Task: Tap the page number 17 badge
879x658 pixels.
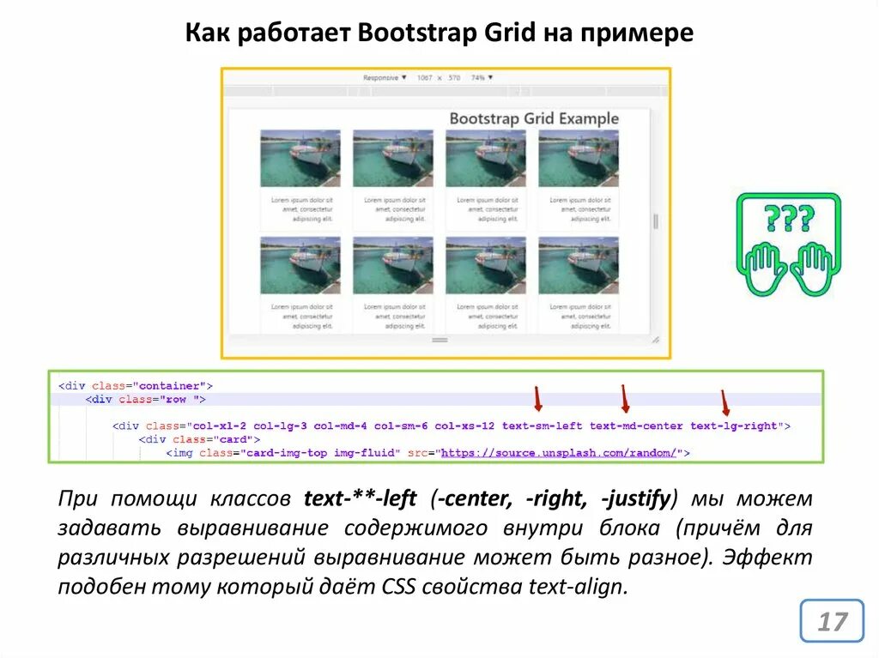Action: (831, 620)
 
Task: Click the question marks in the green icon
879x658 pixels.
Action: (789, 220)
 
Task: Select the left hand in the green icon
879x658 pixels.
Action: (763, 267)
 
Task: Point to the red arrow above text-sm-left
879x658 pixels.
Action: (538, 399)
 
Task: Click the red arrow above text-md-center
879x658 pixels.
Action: (625, 399)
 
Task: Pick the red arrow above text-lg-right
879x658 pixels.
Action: (724, 402)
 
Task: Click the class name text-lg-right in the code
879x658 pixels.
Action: (734, 426)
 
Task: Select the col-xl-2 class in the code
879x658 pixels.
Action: (219, 426)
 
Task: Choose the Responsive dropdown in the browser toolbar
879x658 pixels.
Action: (385, 77)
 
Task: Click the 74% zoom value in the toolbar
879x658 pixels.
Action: (482, 77)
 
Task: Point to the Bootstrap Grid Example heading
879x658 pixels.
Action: (534, 118)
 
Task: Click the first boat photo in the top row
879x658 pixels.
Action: (300, 159)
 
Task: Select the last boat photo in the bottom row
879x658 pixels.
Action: (579, 266)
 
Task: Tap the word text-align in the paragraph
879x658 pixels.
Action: (586, 587)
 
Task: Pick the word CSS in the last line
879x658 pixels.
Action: (391, 587)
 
